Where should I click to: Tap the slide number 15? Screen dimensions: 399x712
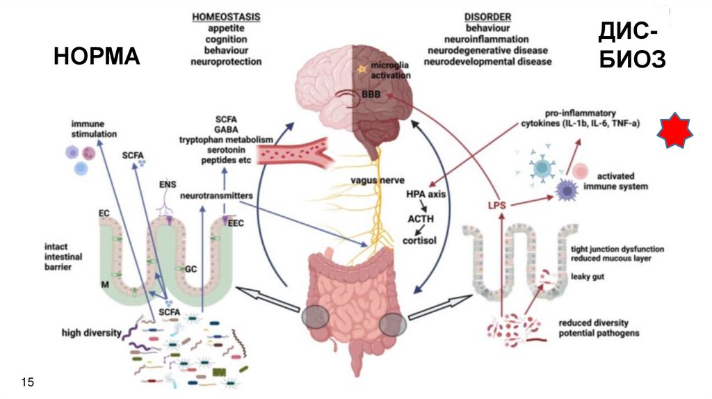point(29,382)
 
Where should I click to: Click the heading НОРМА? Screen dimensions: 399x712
point(97,58)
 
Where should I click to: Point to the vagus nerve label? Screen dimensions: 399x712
point(374,182)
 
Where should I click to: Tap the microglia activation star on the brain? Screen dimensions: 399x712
point(362,70)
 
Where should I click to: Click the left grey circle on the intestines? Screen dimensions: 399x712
point(316,317)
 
